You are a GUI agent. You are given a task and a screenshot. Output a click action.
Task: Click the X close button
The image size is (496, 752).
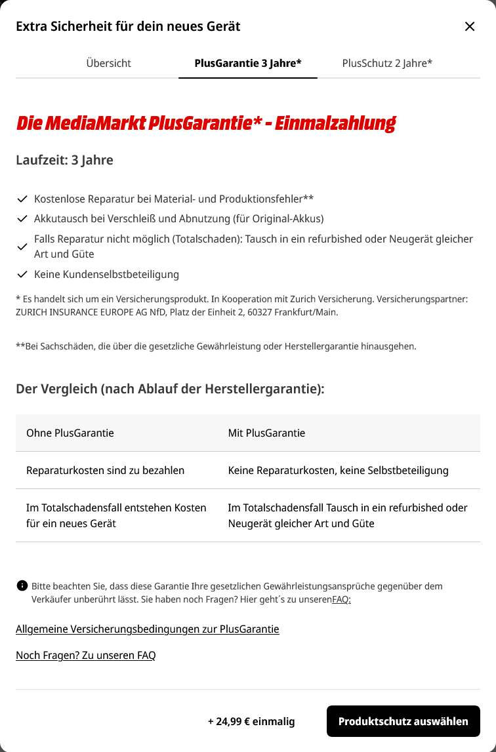pyautogui.click(x=470, y=26)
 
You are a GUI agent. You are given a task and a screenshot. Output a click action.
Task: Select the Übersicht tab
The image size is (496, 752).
pyautogui.click(x=109, y=63)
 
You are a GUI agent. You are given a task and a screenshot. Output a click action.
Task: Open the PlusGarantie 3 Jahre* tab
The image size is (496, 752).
pyautogui.click(x=248, y=63)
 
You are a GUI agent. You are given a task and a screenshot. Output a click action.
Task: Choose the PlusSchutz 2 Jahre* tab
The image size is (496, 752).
pyautogui.click(x=387, y=63)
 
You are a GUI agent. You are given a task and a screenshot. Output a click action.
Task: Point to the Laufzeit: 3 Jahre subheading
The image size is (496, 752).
pyautogui.click(x=64, y=160)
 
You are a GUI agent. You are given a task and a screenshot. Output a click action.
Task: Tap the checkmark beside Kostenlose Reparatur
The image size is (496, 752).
pyautogui.click(x=22, y=198)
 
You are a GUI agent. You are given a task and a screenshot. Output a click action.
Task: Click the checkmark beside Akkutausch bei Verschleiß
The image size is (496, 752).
pyautogui.click(x=22, y=218)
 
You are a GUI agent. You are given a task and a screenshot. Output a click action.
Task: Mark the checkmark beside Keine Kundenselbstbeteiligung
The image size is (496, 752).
pyautogui.click(x=22, y=274)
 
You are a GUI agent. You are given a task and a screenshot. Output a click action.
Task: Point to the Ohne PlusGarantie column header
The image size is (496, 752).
pyautogui.click(x=70, y=433)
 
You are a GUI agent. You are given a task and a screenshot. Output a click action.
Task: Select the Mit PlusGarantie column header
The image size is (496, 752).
pyautogui.click(x=266, y=433)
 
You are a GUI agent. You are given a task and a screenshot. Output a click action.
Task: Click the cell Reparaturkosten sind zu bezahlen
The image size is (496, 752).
pyautogui.click(x=105, y=470)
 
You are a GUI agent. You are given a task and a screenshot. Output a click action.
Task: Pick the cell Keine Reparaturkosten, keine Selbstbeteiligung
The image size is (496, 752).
pyautogui.click(x=338, y=470)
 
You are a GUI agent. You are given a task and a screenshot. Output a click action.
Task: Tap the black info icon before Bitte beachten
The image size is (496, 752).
pyautogui.click(x=22, y=585)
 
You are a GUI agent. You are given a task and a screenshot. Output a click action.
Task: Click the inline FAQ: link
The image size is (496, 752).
pyautogui.click(x=341, y=599)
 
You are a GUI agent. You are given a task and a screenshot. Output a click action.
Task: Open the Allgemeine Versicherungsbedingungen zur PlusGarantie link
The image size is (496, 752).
pyautogui.click(x=148, y=629)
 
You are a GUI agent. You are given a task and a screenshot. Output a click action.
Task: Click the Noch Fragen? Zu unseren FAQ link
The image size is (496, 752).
pyautogui.click(x=86, y=656)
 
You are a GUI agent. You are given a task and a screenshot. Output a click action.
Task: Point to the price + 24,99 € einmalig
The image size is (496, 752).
pyautogui.click(x=251, y=721)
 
